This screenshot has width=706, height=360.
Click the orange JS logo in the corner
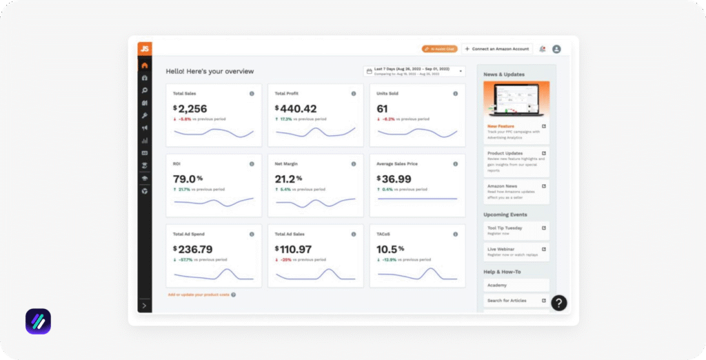[x=144, y=48]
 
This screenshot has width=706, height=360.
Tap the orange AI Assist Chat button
[x=439, y=49]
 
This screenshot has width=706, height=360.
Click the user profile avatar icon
[x=556, y=49]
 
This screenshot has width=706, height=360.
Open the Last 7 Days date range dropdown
[x=414, y=71]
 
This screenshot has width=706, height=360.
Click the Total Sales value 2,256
[x=192, y=109]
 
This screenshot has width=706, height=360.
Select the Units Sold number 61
[x=382, y=109]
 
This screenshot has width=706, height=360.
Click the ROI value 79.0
[x=185, y=179]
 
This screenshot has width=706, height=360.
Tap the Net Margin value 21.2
[x=286, y=179]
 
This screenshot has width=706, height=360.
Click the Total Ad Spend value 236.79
[x=195, y=249]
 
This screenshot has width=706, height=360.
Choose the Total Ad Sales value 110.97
[x=296, y=249]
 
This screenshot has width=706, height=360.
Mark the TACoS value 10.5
[x=387, y=249]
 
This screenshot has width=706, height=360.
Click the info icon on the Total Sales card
[x=252, y=94]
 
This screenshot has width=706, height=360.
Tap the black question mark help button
[x=559, y=303]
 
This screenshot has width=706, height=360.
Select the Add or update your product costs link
[x=199, y=294]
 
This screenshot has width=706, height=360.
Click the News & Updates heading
[x=504, y=74]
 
